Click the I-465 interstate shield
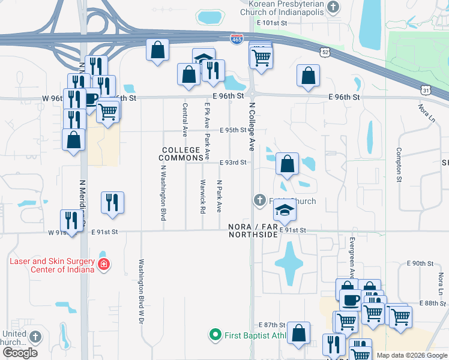[237, 39]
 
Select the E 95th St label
[233, 130]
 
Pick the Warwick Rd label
[202, 197]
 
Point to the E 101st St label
[273, 23]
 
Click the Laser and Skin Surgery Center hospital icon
[104, 265]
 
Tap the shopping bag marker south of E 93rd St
[288, 163]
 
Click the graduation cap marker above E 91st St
[285, 209]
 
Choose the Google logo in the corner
[20, 353]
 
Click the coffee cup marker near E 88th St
[350, 299]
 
